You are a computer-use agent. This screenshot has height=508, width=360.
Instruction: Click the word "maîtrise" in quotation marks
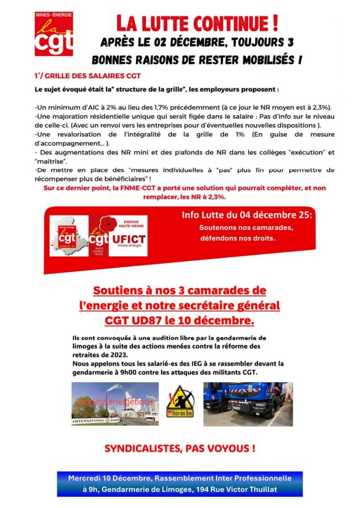click(51, 161)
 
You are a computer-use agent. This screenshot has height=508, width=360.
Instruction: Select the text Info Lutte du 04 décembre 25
click(247, 215)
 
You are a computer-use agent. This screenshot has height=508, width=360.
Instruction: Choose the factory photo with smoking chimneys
click(115, 403)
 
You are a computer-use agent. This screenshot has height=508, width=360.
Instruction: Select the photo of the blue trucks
click(248, 403)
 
